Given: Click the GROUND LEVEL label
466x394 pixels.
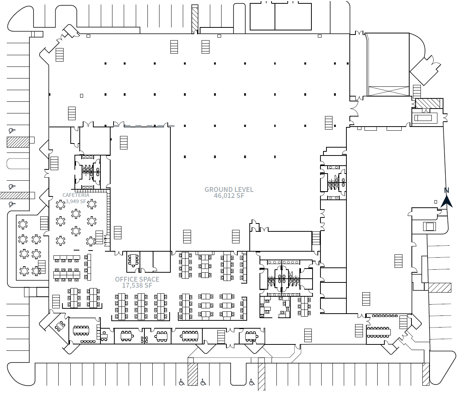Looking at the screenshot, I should (229, 190).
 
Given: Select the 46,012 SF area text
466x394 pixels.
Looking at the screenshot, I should (229, 196).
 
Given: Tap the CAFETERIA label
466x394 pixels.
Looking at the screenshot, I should (76, 195).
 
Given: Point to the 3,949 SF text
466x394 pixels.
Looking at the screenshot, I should (76, 201).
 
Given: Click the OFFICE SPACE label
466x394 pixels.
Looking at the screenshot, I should (137, 279).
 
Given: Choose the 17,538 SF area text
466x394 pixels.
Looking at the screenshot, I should (137, 285).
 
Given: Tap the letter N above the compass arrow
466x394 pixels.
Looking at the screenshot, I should (446, 190).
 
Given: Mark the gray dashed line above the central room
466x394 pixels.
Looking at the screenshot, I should (144, 125).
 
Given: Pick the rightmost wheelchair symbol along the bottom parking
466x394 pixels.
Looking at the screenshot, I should (252, 382).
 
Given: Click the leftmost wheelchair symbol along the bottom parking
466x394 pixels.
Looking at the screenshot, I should (182, 382).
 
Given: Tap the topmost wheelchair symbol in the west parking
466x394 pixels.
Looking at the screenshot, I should (12, 131).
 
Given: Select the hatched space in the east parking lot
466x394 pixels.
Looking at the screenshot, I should (440, 288).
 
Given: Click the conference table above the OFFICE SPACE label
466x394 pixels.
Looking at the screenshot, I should (133, 260).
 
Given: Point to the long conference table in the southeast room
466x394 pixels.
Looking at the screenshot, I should (378, 331).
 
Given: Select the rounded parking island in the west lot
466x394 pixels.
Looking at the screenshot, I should (18, 163).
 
